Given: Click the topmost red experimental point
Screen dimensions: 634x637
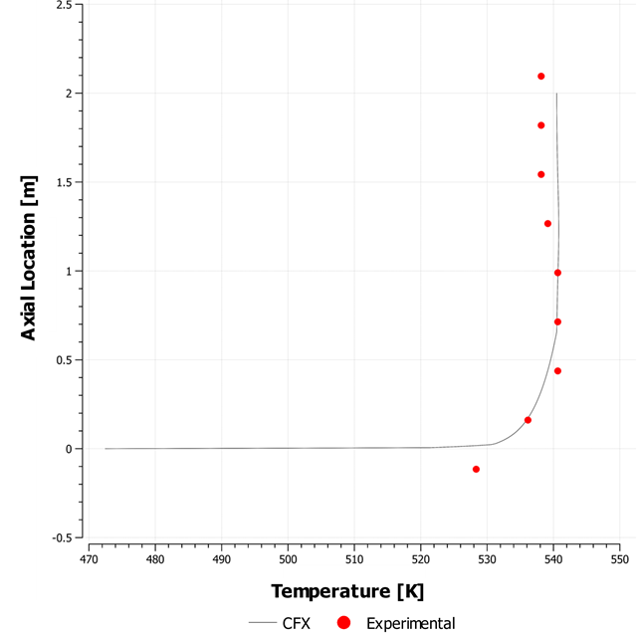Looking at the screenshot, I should pyautogui.click(x=541, y=76).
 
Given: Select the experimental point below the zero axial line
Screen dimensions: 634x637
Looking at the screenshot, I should pyautogui.click(x=476, y=469).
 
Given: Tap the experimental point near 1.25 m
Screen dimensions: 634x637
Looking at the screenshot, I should pyautogui.click(x=547, y=223).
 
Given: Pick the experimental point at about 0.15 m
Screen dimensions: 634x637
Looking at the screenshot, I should pyautogui.click(x=528, y=420).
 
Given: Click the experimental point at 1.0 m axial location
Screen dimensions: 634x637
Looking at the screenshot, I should pyautogui.click(x=557, y=272).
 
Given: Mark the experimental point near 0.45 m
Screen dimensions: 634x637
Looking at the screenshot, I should pyautogui.click(x=557, y=370).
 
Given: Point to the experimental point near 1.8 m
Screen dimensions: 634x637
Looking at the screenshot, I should pyautogui.click(x=541, y=125).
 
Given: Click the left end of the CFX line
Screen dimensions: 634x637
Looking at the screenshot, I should pyautogui.click(x=106, y=448).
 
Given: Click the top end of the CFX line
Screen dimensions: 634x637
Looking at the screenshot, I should pyautogui.click(x=556, y=94).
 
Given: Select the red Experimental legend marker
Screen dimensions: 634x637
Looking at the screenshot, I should pyautogui.click(x=343, y=623).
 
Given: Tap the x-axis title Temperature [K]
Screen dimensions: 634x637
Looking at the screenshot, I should pyautogui.click(x=347, y=591).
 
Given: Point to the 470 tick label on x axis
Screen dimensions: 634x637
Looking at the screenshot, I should pyautogui.click(x=90, y=558).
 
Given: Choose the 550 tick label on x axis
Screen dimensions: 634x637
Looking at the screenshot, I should pyautogui.click(x=619, y=558).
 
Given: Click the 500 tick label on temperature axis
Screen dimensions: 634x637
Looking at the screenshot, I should pyautogui.click(x=288, y=558).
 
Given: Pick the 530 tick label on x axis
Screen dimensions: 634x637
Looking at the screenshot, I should pyautogui.click(x=487, y=558).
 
